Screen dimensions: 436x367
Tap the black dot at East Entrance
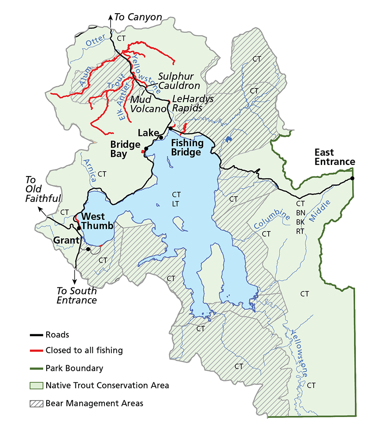pyautogui.click(x=352, y=178)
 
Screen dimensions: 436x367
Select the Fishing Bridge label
pyautogui.click(x=187, y=147)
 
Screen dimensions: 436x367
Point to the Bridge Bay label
pyautogui.click(x=125, y=149)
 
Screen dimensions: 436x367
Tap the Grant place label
pyautogui.click(x=64, y=241)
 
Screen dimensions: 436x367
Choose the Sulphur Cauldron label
pyautogui.click(x=179, y=81)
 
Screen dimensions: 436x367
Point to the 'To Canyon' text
pyautogui.click(x=138, y=17)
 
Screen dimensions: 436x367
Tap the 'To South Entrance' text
pyautogui.click(x=77, y=296)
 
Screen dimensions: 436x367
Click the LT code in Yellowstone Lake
pyautogui.click(x=176, y=203)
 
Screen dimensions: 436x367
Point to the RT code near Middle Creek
pyautogui.click(x=300, y=231)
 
